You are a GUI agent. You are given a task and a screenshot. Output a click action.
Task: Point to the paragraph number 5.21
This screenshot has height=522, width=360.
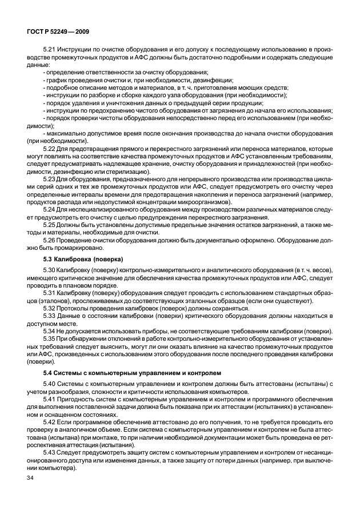50,50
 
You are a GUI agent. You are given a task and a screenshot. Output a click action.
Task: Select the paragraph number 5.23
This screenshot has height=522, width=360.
50,180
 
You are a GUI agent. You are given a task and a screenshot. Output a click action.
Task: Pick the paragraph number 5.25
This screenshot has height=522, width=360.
50,225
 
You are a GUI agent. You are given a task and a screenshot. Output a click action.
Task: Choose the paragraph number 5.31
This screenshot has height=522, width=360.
50,292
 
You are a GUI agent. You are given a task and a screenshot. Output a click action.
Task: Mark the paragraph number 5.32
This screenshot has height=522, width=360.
50,308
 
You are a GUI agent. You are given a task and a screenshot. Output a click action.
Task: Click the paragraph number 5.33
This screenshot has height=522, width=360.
50,316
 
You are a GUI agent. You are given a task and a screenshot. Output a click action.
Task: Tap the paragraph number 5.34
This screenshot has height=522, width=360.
50,331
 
